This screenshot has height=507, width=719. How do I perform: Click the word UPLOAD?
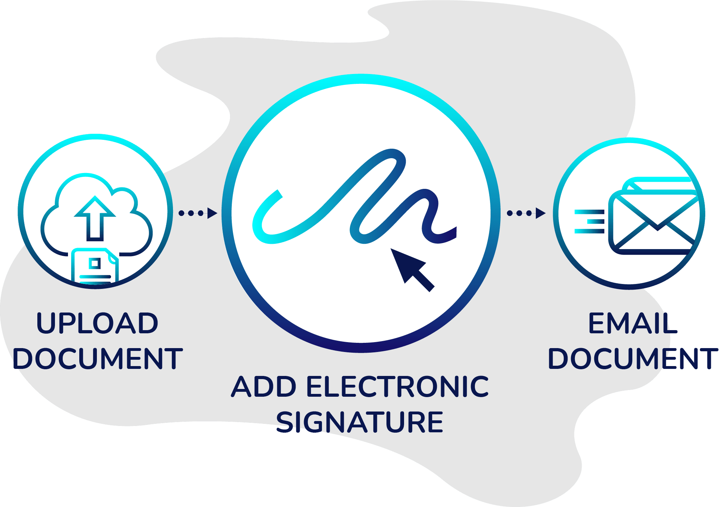click(97, 323)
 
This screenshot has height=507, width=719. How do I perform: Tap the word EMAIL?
click(632, 323)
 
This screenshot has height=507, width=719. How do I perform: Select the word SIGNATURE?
click(359, 422)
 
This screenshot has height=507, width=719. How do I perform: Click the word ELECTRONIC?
click(397, 387)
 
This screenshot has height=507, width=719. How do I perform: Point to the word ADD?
click(264, 387)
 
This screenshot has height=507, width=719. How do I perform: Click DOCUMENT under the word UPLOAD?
click(98, 359)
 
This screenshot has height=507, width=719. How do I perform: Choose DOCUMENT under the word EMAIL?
click(633, 359)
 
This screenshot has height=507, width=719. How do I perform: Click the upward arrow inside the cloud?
click(95, 218)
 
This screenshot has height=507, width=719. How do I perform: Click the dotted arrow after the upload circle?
click(198, 213)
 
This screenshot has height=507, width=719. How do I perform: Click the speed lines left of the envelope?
click(589, 222)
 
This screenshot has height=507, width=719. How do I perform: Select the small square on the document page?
click(94, 263)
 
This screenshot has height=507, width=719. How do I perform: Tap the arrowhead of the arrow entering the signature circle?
click(212, 213)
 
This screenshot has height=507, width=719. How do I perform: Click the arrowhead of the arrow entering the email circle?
click(540, 213)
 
